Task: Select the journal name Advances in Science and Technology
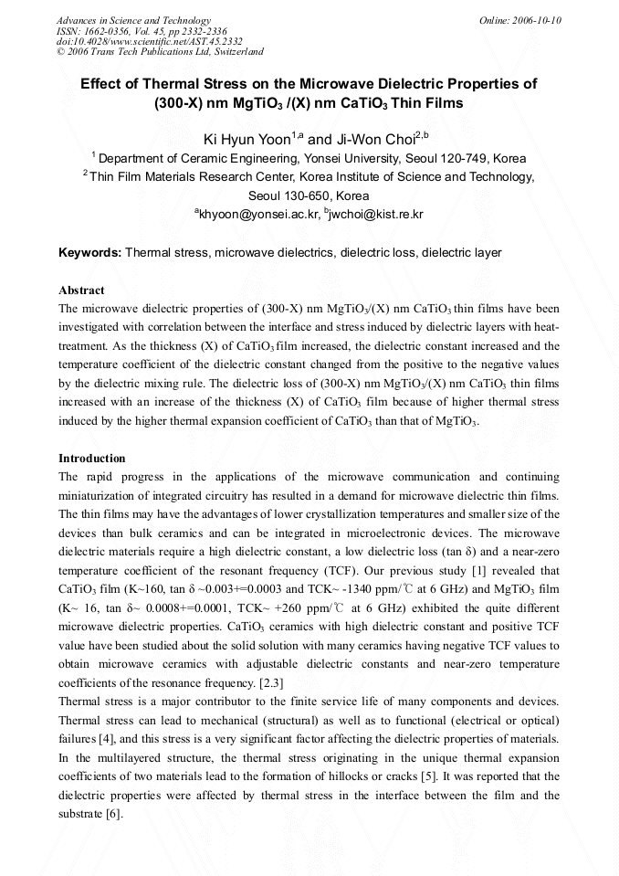133,20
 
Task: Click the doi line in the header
149,41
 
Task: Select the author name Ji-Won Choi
373,140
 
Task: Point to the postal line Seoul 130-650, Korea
309,195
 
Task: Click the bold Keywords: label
89,252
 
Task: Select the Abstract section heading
81,290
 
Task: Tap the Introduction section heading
91,458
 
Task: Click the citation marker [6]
110,814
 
